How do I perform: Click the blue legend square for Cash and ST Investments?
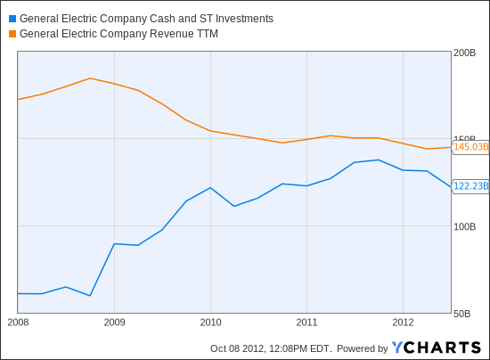12,19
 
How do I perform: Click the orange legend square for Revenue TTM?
12,34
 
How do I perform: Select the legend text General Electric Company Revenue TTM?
118,34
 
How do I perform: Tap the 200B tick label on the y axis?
464,53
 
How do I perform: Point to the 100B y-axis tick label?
464,226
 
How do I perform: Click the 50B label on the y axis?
461,314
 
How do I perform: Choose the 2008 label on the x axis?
18,323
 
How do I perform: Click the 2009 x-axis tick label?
114,323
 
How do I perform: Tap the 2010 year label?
210,323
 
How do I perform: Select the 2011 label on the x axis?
306,323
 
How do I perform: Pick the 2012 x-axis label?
403,323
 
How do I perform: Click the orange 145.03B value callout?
470,146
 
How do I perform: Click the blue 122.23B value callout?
470,186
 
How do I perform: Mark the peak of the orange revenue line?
90,78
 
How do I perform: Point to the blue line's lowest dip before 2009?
90,295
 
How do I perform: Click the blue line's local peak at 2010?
210,188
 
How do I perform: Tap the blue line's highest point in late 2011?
379,160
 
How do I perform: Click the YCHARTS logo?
437,348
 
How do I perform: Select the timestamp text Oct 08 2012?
237,348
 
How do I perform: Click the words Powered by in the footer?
363,348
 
